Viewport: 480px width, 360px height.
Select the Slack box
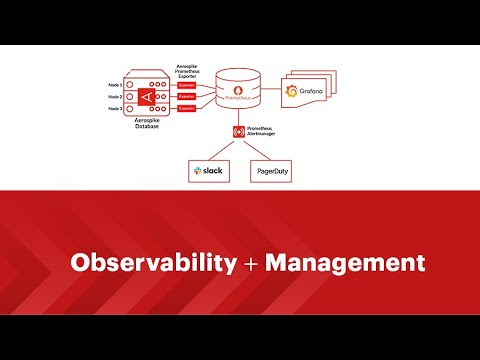pyautogui.click(x=208, y=172)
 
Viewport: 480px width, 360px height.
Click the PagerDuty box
pyautogui.click(x=270, y=172)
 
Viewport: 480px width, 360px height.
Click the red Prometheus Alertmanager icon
pyautogui.click(x=238, y=131)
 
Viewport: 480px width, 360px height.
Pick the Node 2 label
pyautogui.click(x=116, y=96)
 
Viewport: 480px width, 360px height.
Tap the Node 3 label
pyautogui.click(x=116, y=108)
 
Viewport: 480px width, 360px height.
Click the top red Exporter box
pyautogui.click(x=185, y=85)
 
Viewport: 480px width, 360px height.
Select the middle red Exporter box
pyautogui.click(x=185, y=96)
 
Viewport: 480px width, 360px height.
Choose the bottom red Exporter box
pyautogui.click(x=185, y=108)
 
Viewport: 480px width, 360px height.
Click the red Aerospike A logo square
pyautogui.click(x=148, y=96)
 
